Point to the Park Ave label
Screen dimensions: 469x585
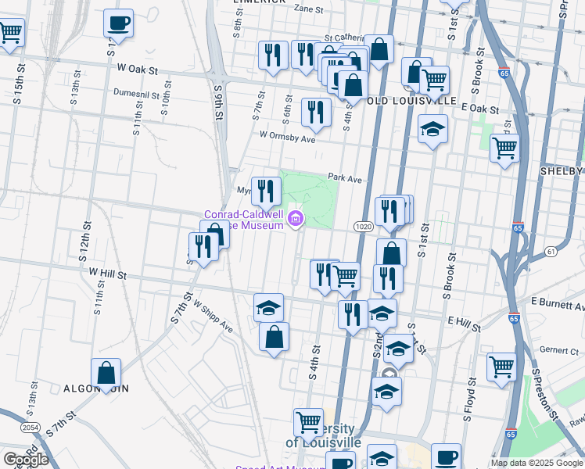[345, 179]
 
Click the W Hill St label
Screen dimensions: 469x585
[107, 273]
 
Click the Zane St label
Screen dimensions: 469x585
[308, 9]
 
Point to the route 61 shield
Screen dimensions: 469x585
[551, 251]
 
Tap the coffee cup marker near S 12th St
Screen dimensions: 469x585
[119, 23]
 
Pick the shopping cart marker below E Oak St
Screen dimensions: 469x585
[504, 146]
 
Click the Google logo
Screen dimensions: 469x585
[26, 460]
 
